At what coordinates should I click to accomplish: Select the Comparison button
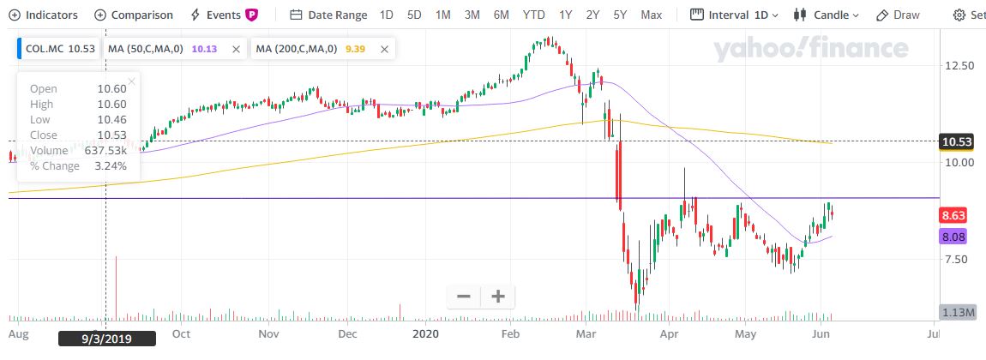134,15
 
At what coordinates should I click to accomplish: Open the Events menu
223,15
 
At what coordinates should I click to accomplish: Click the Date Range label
329,15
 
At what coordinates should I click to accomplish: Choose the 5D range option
414,15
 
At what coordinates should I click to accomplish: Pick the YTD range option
533,15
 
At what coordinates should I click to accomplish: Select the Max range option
651,15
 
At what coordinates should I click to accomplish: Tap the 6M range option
501,15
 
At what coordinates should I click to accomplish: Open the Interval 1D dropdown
735,15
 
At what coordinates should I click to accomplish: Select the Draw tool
898,15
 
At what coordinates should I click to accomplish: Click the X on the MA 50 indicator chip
236,49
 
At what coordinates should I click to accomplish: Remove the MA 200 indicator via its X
384,49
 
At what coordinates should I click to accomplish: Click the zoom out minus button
464,297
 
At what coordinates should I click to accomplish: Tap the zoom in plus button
498,297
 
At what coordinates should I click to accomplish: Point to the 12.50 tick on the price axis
958,65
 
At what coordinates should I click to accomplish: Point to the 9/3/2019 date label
107,339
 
